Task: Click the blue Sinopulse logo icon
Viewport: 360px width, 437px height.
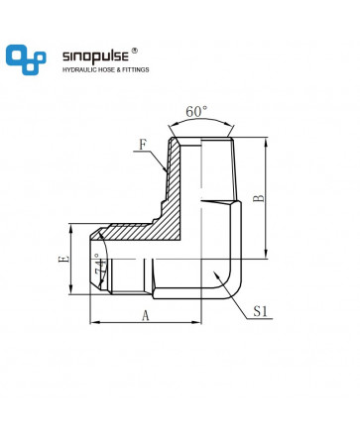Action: pos(26,59)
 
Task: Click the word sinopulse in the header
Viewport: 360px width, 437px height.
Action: pos(95,56)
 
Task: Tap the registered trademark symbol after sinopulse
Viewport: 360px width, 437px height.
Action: pos(135,51)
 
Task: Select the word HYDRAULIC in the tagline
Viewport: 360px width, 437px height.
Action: pos(79,69)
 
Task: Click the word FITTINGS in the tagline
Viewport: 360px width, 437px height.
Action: pos(136,69)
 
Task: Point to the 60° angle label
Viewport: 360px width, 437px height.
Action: pos(196,112)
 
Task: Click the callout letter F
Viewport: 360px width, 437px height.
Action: pos(143,145)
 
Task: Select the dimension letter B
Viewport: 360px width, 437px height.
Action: pos(259,198)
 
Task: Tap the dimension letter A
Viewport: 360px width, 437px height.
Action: pos(146,315)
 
